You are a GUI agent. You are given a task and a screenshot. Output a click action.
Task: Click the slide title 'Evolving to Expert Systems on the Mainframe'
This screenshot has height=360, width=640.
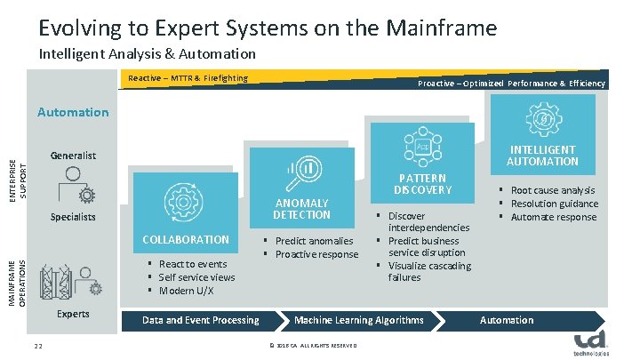(x=268, y=28)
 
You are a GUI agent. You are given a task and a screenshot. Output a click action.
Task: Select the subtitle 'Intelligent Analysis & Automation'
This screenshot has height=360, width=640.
(x=148, y=54)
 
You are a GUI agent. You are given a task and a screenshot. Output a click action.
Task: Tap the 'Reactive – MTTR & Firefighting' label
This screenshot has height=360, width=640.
(x=188, y=78)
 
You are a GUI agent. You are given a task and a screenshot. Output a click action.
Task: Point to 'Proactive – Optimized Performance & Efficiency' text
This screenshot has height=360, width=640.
(x=511, y=84)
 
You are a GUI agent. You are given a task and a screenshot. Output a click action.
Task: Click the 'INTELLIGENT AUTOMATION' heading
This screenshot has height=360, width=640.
(x=542, y=156)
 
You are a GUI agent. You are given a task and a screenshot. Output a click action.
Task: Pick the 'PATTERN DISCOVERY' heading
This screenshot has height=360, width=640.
(x=423, y=184)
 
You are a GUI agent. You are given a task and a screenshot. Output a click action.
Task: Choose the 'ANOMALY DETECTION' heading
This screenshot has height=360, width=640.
(x=302, y=209)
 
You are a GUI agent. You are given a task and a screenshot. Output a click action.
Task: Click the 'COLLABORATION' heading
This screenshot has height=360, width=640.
(x=186, y=240)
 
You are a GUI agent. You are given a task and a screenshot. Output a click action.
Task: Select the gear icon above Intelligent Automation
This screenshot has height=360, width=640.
(x=541, y=119)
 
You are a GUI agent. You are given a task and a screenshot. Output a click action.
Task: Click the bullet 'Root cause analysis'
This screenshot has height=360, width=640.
(x=551, y=190)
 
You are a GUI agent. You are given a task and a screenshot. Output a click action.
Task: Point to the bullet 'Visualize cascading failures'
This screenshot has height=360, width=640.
(x=428, y=272)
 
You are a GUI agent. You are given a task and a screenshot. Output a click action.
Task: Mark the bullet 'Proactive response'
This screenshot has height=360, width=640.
(x=316, y=255)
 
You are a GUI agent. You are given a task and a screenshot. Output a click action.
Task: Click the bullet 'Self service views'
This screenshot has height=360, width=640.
(x=196, y=277)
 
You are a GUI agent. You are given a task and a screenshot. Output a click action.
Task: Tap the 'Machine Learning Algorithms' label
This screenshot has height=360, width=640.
(x=359, y=320)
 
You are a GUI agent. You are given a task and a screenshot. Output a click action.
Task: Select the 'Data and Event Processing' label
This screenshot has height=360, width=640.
(x=201, y=320)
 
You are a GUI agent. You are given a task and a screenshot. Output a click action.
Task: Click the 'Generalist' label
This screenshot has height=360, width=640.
(x=74, y=156)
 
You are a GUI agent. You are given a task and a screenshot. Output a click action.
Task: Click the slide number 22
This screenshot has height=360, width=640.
(x=38, y=346)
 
